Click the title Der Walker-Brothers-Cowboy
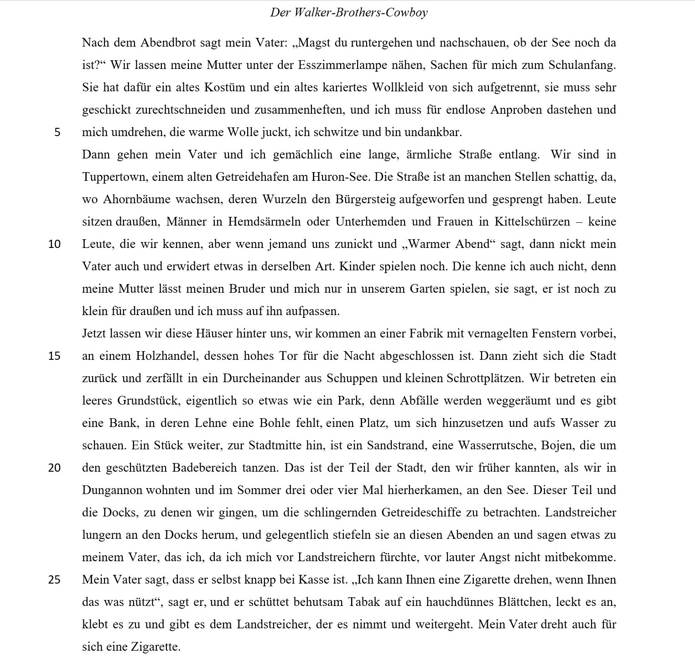(x=349, y=12)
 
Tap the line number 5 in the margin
(x=57, y=132)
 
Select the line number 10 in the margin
(x=54, y=244)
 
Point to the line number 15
(x=54, y=356)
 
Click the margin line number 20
(x=54, y=468)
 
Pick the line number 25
(x=54, y=580)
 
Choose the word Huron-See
(x=339, y=177)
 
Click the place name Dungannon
(x=113, y=490)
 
